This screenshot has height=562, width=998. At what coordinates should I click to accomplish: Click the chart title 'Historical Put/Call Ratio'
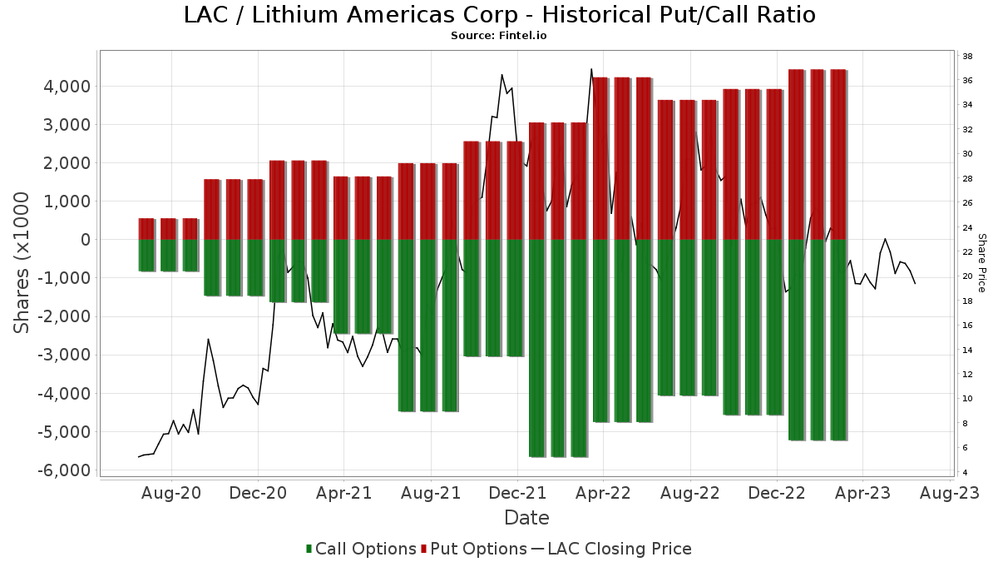pos(499,15)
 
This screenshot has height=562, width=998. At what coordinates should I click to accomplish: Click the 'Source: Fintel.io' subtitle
pos(499,36)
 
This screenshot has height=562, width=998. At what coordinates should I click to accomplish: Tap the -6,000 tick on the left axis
pos(63,470)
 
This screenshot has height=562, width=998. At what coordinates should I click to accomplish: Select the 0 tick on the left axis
pos(84,240)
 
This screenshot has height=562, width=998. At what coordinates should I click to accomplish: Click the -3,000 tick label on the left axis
pos(63,356)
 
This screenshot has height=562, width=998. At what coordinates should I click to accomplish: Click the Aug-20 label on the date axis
pos(172,493)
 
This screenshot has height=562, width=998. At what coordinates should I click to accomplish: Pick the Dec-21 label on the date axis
pos(517,493)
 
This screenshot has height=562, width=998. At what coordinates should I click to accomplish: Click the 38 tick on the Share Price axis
pos(968,57)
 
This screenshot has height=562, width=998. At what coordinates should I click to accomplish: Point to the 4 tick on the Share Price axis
pos(966,473)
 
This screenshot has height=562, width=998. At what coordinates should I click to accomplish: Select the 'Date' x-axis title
pos(526,518)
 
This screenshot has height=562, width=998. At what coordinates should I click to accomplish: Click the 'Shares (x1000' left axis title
pos(22,262)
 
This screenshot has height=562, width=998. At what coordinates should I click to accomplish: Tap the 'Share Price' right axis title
pos(981,262)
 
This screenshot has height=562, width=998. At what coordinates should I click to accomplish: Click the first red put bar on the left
pos(146,229)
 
